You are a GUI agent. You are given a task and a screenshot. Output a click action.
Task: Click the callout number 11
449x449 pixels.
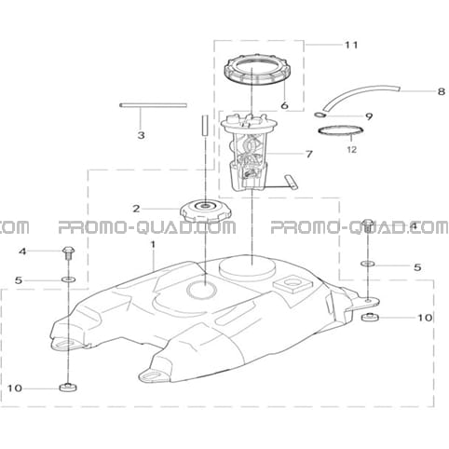coord(351,45)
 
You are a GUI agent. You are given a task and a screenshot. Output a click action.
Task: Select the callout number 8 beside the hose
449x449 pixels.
coord(442,91)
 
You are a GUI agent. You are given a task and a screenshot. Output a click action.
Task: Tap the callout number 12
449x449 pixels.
coord(352,150)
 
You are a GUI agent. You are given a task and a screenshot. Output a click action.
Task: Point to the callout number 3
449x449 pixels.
coord(141,135)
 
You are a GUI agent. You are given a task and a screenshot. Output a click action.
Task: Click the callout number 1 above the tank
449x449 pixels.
coord(153,245)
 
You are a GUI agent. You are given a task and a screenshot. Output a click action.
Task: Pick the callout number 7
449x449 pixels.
coord(308,154)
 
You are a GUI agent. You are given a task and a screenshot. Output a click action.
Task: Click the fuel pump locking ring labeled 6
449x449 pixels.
coord(255,70)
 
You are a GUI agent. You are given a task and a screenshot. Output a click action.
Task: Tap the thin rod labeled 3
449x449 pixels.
coord(153,105)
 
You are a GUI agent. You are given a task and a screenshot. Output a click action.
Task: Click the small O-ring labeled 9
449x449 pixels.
coord(320,116)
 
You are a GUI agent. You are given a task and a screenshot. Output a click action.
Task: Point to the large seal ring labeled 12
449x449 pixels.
coord(341,130)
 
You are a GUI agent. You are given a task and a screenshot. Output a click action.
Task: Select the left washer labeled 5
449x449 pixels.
coord(69,279)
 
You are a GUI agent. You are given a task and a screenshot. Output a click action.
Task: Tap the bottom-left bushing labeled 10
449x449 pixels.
coord(68,388)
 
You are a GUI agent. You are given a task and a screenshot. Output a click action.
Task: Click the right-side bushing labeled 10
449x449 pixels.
coord(371,318)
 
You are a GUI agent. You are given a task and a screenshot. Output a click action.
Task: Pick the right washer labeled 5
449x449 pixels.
coord(368,264)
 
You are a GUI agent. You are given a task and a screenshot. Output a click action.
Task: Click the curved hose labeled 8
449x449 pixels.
coord(361,97)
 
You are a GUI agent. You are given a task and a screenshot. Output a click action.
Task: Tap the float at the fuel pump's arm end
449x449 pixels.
coord(292,182)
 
